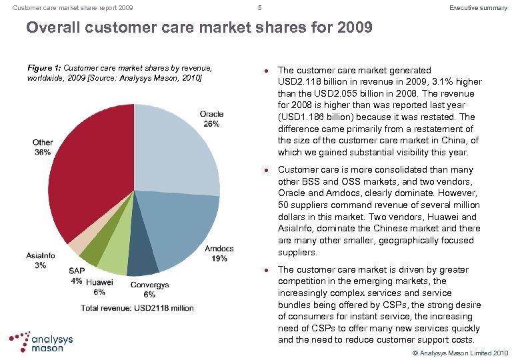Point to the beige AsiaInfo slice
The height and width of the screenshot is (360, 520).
pos(79,243)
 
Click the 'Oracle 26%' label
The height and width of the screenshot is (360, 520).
pos(211,119)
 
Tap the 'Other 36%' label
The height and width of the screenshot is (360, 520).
pos(43,147)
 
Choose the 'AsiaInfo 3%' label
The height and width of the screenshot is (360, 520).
pos(41,261)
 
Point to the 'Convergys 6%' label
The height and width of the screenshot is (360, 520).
pos(149,290)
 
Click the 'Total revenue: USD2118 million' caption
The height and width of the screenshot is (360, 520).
pos(137,307)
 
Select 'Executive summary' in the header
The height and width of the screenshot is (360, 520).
pos(478,8)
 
